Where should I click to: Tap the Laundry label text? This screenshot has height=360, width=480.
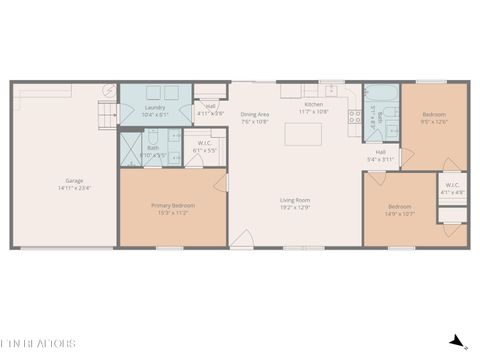(x=155, y=110)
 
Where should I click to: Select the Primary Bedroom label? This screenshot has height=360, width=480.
(x=173, y=208)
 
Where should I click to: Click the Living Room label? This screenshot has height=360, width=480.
(x=295, y=204)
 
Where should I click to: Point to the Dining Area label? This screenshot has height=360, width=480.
(x=255, y=117)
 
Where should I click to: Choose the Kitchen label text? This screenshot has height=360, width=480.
(x=314, y=108)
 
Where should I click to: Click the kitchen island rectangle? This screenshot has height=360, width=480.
(x=302, y=133)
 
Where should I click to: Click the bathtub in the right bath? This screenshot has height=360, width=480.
(x=391, y=114)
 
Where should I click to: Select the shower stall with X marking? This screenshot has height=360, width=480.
(x=131, y=151)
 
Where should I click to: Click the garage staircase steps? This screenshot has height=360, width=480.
(x=104, y=111)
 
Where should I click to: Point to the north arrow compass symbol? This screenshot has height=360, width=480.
(x=456, y=341)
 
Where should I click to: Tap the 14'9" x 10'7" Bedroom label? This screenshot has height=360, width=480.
(x=399, y=210)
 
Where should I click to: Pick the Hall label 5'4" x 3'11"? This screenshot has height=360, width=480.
(x=381, y=155)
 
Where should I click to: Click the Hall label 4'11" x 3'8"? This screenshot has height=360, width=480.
(x=211, y=110)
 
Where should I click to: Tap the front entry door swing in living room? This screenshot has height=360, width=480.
(x=242, y=239)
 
